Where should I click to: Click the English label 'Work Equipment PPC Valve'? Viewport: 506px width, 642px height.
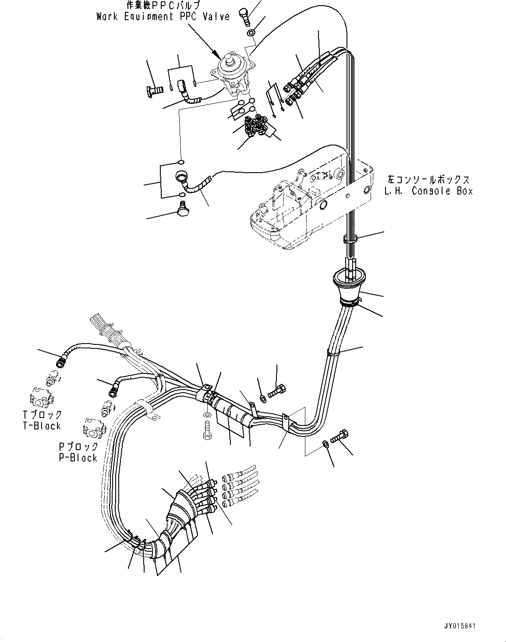coord(163,17)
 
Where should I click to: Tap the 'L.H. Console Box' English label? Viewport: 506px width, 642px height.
coord(428,191)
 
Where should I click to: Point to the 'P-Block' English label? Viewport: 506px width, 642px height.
coord(78,458)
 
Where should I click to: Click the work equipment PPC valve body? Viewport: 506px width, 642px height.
coord(234,77)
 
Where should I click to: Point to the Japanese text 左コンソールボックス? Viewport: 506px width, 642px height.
coord(428,180)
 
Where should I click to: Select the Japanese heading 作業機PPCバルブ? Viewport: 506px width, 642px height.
coord(163,6)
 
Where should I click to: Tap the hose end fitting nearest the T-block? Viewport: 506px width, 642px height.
coord(60,362)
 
